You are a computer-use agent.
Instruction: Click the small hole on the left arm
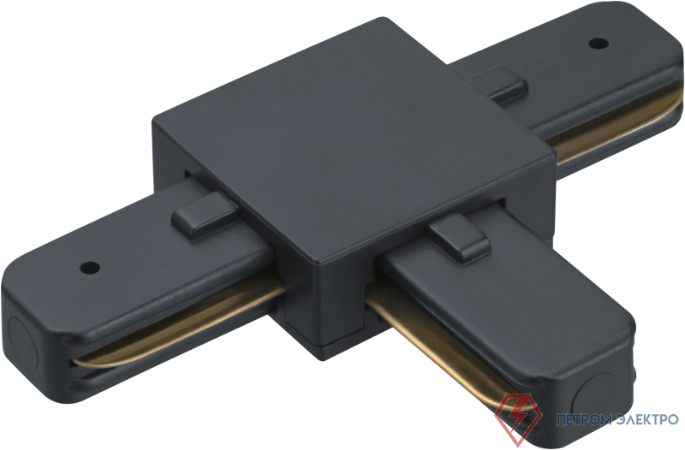point(90,267)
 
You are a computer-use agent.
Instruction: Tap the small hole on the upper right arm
point(599,43)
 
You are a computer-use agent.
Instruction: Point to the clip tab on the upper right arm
point(498,84)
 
